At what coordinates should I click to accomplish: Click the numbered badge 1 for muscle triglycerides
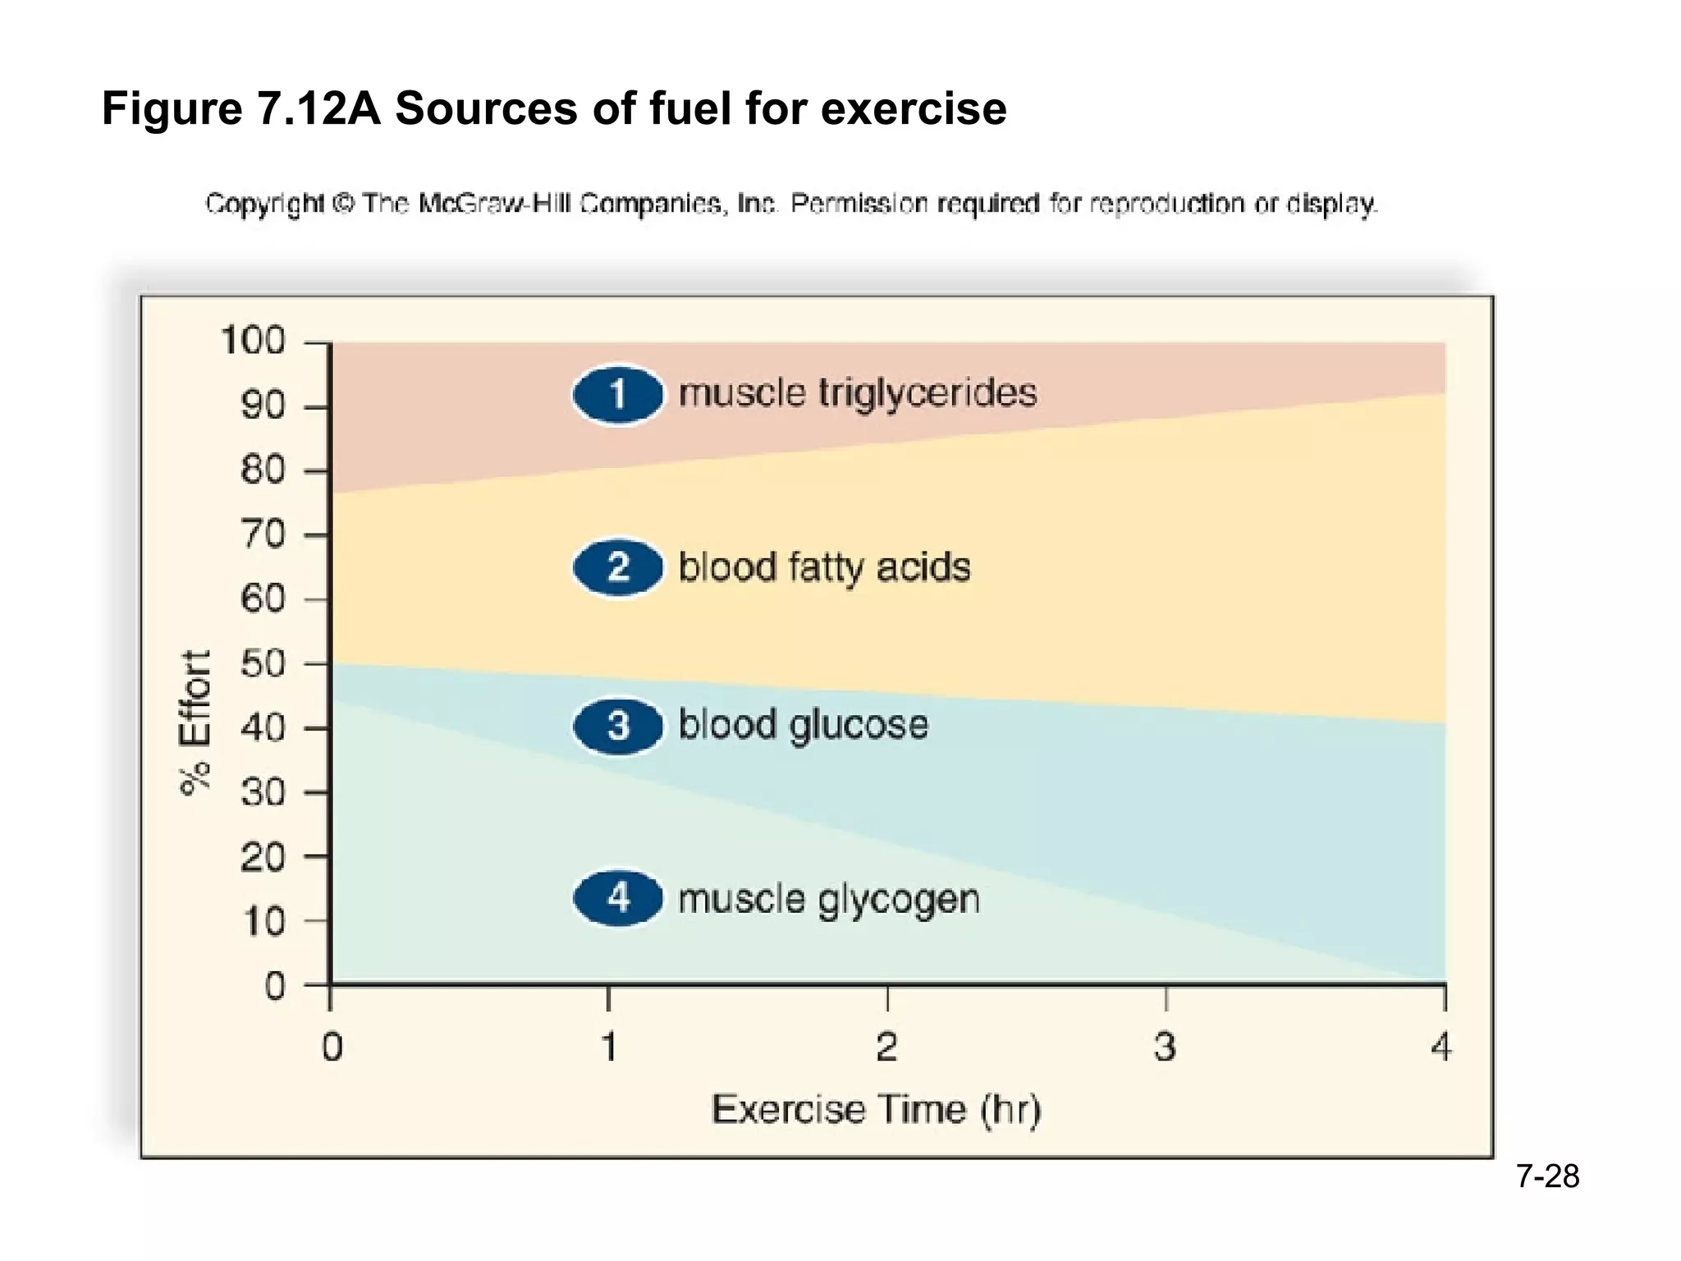[x=618, y=394]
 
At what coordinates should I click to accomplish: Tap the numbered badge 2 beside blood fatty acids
[x=618, y=568]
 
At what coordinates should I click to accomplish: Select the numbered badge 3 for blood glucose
[x=618, y=727]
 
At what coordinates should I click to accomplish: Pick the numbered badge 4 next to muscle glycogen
[x=618, y=898]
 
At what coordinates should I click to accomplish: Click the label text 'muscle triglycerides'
[x=858, y=393]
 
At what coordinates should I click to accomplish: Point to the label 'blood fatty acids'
[x=824, y=568]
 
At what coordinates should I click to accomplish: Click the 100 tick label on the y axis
[x=253, y=341]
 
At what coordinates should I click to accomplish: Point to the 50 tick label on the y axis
[x=263, y=663]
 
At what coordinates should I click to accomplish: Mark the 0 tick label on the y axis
[x=275, y=986]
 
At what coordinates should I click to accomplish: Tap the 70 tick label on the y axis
[x=263, y=534]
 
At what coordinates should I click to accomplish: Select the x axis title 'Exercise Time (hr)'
[x=876, y=1110]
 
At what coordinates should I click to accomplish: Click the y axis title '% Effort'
[x=195, y=722]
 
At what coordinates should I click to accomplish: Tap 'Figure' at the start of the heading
[x=172, y=108]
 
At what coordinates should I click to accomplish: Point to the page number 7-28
[x=1547, y=1176]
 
